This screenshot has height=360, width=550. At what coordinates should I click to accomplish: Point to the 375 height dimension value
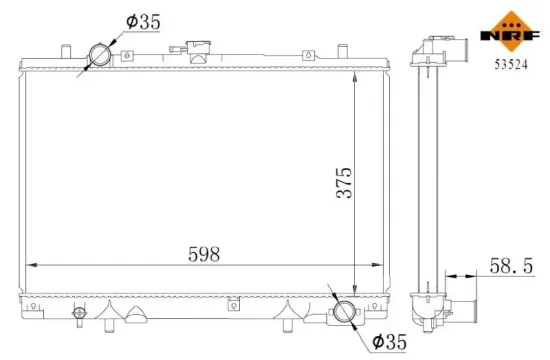point(343,182)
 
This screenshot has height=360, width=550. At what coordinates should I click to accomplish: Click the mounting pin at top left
point(63,51)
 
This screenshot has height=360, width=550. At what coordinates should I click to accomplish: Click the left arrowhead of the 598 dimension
point(28,265)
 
